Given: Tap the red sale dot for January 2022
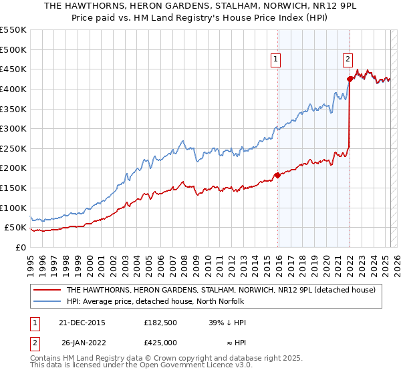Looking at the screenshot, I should point(350,79).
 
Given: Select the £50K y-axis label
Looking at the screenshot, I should point(17,228).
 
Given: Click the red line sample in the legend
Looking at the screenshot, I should point(45,290).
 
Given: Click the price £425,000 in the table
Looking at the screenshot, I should point(160,343).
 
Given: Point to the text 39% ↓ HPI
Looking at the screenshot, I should point(227,323).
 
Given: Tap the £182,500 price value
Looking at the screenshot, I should point(160,323).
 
